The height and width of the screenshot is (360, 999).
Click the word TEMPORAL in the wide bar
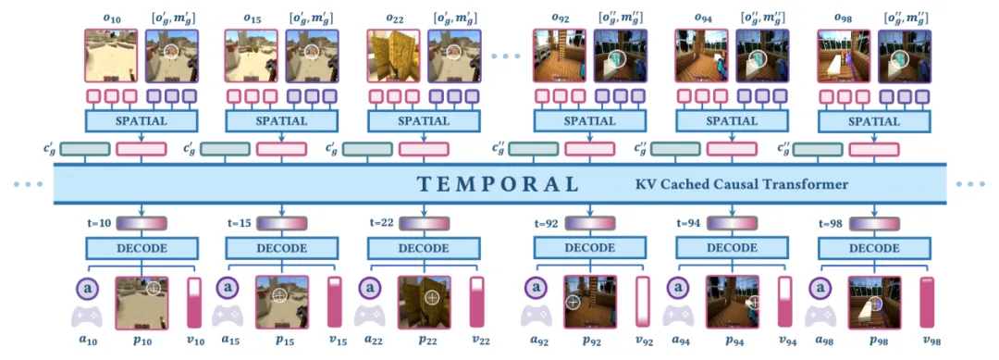tap(499, 184)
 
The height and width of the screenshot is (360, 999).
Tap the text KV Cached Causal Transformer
tap(742, 185)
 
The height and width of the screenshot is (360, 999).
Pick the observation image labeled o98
tap(844, 56)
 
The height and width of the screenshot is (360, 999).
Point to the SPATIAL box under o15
tap(281, 120)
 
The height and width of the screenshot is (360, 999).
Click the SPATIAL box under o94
tap(731, 120)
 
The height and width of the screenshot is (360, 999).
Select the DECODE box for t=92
tap(588, 249)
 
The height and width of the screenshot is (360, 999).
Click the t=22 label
tap(382, 224)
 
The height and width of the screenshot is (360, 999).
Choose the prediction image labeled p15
tap(282, 303)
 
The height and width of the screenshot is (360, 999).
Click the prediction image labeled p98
tap(875, 303)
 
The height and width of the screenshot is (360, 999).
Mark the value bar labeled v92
tap(643, 303)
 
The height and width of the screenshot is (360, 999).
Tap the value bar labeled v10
tap(194, 303)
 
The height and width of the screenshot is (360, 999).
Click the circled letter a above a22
tap(371, 288)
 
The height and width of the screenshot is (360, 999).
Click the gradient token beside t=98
tap(874, 224)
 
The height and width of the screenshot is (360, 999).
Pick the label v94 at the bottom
tap(787, 341)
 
